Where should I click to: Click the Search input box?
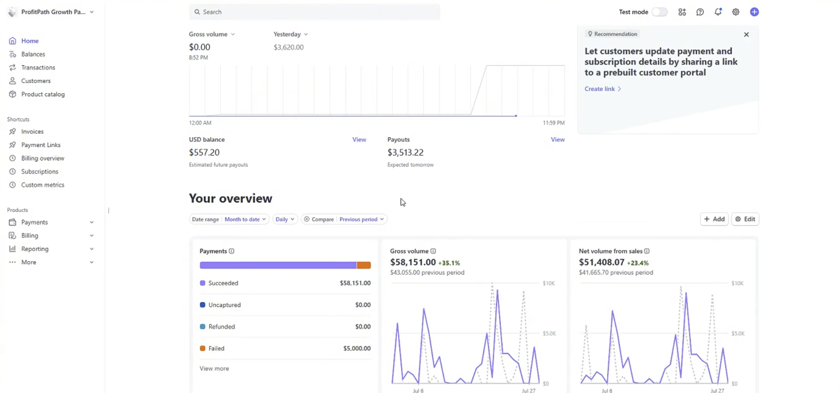(x=315, y=12)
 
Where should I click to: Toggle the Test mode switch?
(x=659, y=12)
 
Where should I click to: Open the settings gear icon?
(x=735, y=12)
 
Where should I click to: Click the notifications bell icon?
(x=718, y=12)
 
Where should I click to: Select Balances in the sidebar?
(x=33, y=54)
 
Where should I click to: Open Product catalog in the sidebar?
(x=43, y=94)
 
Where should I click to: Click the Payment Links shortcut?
(x=40, y=145)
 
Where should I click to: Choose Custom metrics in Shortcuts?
(x=43, y=185)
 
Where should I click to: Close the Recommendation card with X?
(x=746, y=34)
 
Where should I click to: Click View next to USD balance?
(x=359, y=140)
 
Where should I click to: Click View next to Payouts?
(x=557, y=140)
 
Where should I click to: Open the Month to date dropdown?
(x=245, y=219)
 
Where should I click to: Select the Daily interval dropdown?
(x=285, y=219)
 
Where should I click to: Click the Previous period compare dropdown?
(x=361, y=219)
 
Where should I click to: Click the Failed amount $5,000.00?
(x=356, y=349)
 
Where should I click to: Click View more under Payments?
(x=214, y=368)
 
